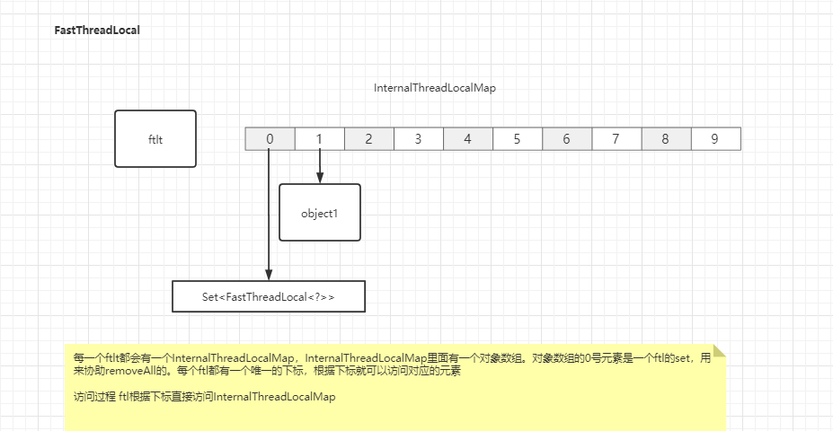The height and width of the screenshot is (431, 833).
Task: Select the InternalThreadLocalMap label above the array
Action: point(435,88)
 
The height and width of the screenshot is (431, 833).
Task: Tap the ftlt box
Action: point(155,139)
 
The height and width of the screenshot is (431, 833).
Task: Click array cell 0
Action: point(270,139)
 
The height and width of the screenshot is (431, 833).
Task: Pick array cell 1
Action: point(319,139)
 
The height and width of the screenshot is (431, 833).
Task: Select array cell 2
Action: point(369,139)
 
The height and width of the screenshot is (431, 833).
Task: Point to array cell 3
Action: point(419,139)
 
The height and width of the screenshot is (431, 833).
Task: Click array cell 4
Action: point(468,139)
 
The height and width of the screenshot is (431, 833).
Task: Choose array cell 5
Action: point(518,139)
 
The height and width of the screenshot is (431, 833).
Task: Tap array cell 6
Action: point(567,139)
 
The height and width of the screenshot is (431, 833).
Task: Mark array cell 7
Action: point(616,139)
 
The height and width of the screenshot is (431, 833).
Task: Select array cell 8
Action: point(666,139)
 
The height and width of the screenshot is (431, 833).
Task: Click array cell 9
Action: point(715,139)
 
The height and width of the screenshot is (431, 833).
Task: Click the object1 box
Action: point(320,213)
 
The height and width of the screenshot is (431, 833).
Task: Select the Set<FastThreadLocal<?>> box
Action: point(269,296)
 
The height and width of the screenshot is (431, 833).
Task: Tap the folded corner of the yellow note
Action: point(718,351)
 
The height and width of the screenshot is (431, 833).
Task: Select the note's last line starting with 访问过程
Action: point(204,397)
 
